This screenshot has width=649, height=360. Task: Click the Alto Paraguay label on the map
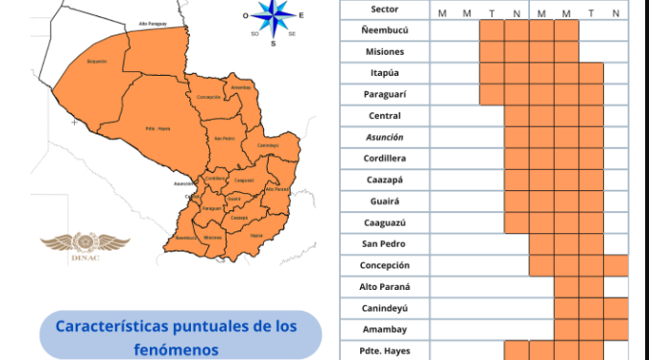click(152, 23)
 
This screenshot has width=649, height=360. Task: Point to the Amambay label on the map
click(241, 87)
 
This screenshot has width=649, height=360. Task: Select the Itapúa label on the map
click(255, 234)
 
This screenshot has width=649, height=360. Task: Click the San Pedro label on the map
click(224, 138)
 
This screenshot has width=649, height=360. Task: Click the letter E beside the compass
click(301, 15)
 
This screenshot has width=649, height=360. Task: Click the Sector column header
click(384, 9)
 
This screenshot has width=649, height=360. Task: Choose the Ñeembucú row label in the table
click(384, 30)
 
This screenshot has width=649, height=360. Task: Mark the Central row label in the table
click(384, 115)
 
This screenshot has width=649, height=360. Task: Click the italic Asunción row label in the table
click(384, 136)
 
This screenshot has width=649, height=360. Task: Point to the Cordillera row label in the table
click(384, 157)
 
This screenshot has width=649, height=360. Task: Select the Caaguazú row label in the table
click(384, 222)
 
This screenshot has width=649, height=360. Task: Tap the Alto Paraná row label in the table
click(384, 286)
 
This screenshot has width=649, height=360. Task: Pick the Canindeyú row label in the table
click(384, 307)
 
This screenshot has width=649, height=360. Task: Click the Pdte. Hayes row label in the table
click(384, 349)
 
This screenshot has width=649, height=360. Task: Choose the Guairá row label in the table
click(384, 201)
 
